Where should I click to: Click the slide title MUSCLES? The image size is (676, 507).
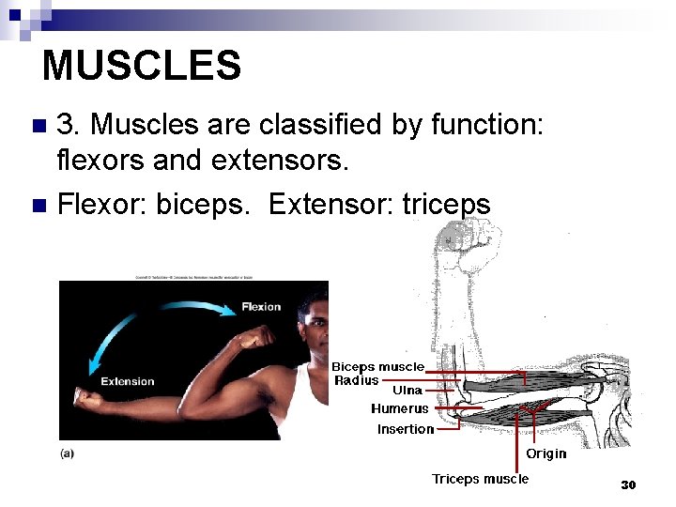pyautogui.click(x=142, y=66)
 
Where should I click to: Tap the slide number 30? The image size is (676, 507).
pyautogui.click(x=628, y=485)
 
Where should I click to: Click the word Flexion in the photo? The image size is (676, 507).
pyautogui.click(x=260, y=307)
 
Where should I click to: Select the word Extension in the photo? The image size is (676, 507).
pyautogui.click(x=128, y=381)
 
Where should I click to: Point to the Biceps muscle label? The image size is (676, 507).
pyautogui.click(x=377, y=366)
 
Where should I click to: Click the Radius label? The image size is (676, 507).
pyautogui.click(x=357, y=380)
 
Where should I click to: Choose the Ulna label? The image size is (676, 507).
pyautogui.click(x=407, y=390)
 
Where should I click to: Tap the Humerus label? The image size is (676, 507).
pyautogui.click(x=399, y=408)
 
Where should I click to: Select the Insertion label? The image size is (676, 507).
pyautogui.click(x=406, y=429)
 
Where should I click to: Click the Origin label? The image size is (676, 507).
pyautogui.click(x=545, y=453)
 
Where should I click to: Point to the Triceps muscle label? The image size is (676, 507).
pyautogui.click(x=480, y=479)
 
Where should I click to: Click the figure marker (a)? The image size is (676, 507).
pyautogui.click(x=68, y=453)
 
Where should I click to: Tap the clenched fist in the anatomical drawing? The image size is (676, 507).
pyautogui.click(x=463, y=255)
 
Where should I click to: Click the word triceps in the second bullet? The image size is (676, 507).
pyautogui.click(x=446, y=204)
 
